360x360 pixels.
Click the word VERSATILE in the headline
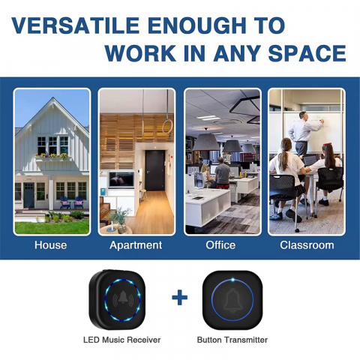[x=75, y=25]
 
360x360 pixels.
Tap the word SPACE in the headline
[x=307, y=53]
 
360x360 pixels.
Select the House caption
[x=51, y=245]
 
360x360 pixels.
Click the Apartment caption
[x=136, y=245]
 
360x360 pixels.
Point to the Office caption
[x=220, y=245]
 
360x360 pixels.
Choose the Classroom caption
[x=307, y=245]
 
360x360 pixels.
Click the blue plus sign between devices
[x=180, y=298]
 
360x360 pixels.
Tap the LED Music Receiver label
[x=121, y=340]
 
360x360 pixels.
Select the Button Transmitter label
[x=232, y=340]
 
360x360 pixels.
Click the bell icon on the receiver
[x=123, y=298]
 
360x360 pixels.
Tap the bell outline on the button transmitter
[x=232, y=300]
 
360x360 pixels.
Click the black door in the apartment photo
[x=154, y=170]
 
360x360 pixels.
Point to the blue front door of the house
[x=29, y=195]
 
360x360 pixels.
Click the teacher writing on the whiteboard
[x=303, y=133]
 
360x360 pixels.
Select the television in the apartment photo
[x=121, y=179]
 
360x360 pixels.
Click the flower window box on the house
[x=52, y=157]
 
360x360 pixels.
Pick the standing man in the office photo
[x=222, y=172]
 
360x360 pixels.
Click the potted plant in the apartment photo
[x=119, y=220]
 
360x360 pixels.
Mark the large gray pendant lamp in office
[x=205, y=142]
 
